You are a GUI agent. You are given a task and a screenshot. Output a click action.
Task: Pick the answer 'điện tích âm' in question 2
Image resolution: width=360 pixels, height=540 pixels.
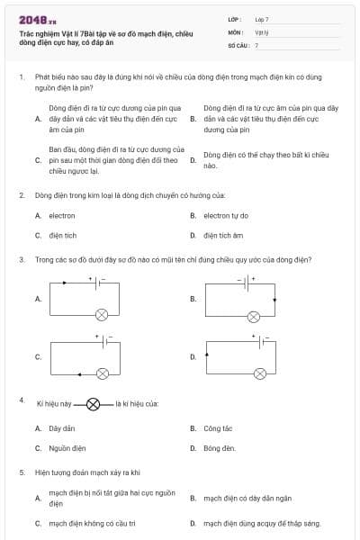pyautogui.click(x=223, y=236)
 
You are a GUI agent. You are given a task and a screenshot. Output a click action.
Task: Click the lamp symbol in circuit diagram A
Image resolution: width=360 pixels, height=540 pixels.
pyautogui.click(x=102, y=314)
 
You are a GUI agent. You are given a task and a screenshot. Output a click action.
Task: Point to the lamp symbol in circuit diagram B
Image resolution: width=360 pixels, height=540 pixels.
pyautogui.click(x=255, y=316)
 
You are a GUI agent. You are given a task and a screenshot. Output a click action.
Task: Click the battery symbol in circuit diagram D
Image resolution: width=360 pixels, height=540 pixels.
pyautogui.click(x=262, y=342)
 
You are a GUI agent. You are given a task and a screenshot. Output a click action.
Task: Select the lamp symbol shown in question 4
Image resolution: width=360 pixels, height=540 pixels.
pyautogui.click(x=94, y=405)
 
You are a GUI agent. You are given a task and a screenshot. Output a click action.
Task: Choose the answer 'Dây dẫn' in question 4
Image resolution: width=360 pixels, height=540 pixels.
pyautogui.click(x=61, y=428)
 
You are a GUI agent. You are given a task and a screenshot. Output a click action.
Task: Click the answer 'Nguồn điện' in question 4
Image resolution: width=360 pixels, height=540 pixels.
pyautogui.click(x=67, y=447)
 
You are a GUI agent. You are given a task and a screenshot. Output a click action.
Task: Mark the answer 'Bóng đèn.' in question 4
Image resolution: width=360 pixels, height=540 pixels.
pyautogui.click(x=219, y=447)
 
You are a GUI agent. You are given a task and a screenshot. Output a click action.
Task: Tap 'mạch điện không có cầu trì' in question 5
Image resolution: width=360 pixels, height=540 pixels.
pyautogui.click(x=92, y=522)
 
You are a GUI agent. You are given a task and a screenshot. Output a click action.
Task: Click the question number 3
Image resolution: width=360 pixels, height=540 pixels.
pyautogui.click(x=21, y=259)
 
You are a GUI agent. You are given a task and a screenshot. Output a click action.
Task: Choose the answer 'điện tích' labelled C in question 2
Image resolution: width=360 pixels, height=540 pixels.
pyautogui.click(x=62, y=236)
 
